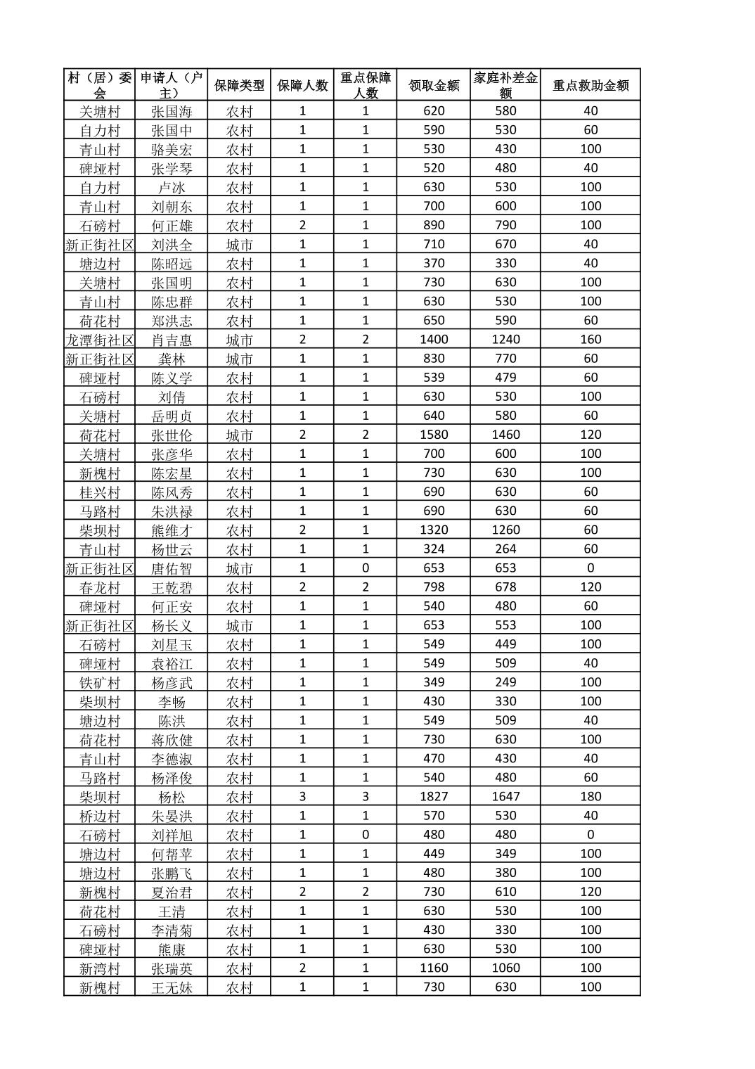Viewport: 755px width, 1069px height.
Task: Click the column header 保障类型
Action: point(239,85)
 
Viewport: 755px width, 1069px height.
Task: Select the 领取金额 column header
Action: point(434,85)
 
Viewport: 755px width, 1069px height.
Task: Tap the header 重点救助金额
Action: point(591,85)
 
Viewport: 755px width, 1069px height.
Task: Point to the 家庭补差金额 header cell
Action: point(505,85)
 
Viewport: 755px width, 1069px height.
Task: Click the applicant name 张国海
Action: point(172,111)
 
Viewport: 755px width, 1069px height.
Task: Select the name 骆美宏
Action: point(172,149)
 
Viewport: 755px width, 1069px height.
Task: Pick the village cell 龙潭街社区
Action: point(100,340)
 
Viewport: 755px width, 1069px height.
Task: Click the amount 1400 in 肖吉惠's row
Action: point(434,340)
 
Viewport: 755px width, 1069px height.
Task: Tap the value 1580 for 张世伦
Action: point(434,435)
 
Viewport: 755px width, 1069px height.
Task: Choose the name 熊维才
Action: point(172,530)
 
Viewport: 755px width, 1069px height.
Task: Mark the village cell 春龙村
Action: point(100,587)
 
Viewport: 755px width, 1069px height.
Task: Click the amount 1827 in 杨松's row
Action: point(434,797)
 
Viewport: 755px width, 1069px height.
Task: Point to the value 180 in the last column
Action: point(591,797)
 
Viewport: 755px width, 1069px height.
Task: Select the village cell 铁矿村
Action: point(100,682)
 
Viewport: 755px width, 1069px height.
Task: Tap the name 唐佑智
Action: point(172,568)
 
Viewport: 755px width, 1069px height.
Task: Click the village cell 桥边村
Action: point(100,816)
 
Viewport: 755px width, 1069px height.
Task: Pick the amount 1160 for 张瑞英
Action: point(434,968)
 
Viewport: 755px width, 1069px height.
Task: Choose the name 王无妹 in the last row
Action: point(172,987)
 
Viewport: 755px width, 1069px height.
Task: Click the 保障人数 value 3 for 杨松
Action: point(302,797)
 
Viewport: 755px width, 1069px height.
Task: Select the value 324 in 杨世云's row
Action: point(434,549)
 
